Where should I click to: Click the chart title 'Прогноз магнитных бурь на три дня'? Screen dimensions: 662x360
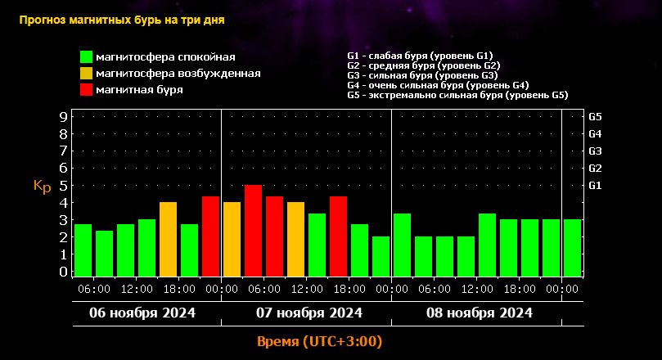click(x=122, y=20)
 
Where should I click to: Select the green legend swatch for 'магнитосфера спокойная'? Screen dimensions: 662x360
click(x=86, y=57)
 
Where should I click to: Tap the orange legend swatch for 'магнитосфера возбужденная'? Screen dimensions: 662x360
click(x=86, y=74)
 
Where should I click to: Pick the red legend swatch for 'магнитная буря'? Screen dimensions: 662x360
click(x=86, y=89)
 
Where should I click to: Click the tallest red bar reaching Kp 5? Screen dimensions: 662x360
click(x=254, y=231)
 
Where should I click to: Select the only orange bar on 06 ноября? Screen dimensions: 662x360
click(x=168, y=239)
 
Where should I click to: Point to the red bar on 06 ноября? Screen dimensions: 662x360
click(x=210, y=236)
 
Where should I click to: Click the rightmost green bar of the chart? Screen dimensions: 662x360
click(x=572, y=248)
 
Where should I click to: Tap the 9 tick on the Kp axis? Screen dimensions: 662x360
click(x=63, y=117)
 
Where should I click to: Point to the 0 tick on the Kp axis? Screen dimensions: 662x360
click(x=63, y=272)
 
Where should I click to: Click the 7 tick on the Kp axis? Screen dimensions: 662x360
click(x=63, y=151)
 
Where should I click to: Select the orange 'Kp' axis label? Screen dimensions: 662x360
click(x=43, y=186)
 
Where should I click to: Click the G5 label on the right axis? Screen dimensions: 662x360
click(x=595, y=117)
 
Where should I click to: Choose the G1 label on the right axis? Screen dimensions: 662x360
click(x=595, y=185)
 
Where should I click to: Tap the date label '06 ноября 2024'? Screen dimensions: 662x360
click(x=142, y=313)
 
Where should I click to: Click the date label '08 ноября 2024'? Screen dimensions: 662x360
click(x=480, y=313)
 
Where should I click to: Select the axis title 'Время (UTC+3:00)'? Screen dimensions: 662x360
click(x=320, y=341)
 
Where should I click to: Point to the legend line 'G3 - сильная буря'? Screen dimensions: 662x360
click(x=422, y=75)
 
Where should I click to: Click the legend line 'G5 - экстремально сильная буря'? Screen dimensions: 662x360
click(x=457, y=95)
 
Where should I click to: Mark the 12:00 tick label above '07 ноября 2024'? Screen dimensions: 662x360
click(x=307, y=289)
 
